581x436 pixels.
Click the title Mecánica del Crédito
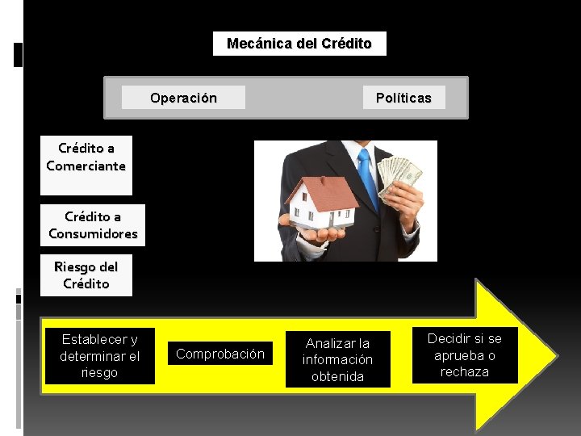coord(299,44)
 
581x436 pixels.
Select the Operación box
coord(183,98)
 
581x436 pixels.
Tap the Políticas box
coord(403,98)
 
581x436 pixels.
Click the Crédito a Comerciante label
coord(86,157)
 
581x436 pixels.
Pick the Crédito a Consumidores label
coord(93,225)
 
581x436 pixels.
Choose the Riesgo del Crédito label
coord(86,275)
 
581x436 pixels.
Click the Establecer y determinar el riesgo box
coord(100,356)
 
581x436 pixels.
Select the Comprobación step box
coord(220,354)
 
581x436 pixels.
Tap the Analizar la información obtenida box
coord(337,359)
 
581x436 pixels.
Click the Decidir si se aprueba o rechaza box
coord(464,355)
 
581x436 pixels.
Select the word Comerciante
coord(86,166)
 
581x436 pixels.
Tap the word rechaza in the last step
coord(464,371)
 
